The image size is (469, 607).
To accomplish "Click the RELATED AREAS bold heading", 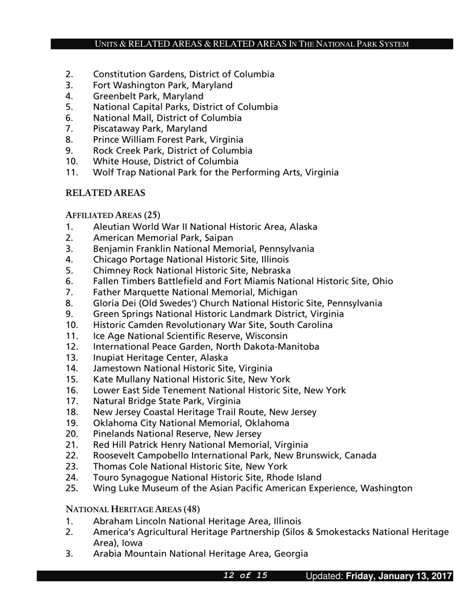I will click(x=105, y=193).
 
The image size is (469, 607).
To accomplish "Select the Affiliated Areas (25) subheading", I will click(x=113, y=215).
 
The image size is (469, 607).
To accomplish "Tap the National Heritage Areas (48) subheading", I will click(x=132, y=509).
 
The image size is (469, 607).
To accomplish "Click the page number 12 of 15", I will click(x=245, y=575).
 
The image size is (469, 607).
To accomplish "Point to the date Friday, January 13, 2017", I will click(x=399, y=576).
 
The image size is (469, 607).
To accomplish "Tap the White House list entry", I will click(x=165, y=161).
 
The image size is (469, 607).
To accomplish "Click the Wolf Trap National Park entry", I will click(x=216, y=172).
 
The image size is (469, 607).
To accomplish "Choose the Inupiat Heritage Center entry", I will click(x=160, y=357).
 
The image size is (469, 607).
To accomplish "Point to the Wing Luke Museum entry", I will click(x=252, y=488).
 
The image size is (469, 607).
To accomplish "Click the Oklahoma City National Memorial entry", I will click(x=191, y=423).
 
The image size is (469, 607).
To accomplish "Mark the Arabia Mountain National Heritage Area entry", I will click(x=200, y=554).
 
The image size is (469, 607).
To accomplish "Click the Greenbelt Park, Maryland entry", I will click(x=148, y=96).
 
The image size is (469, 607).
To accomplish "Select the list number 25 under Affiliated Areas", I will click(x=72, y=488).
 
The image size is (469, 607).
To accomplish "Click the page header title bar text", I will click(x=252, y=44).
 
